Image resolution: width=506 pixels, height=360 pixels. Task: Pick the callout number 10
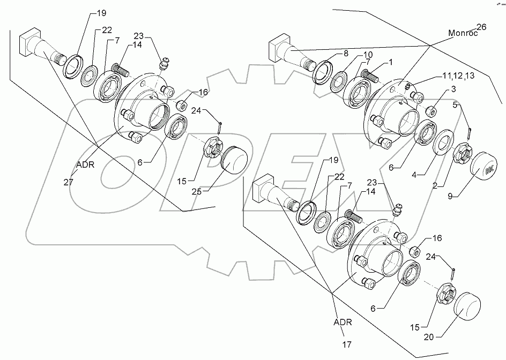[x=368, y=55]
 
